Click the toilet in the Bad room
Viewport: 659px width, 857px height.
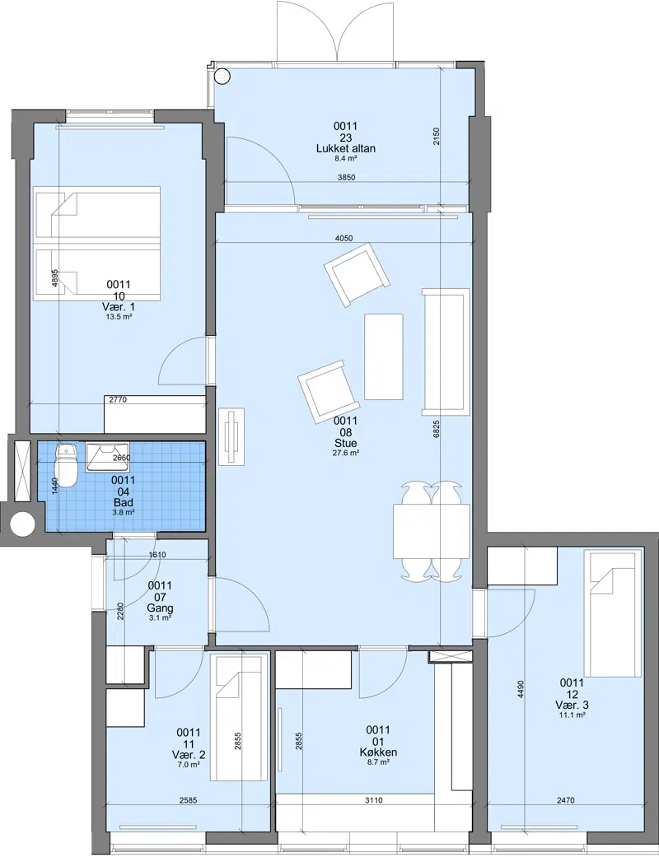click(x=67, y=465)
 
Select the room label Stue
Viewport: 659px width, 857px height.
click(x=346, y=443)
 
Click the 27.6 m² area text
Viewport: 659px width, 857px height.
click(x=346, y=453)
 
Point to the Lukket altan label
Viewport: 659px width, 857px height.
click(x=346, y=149)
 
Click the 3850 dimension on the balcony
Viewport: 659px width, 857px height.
click(x=346, y=178)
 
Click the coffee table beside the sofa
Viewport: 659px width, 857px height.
click(x=384, y=356)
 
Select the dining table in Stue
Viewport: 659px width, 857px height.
click(x=432, y=531)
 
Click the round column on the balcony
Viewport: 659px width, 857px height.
click(x=222, y=77)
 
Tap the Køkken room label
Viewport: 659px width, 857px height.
click(x=378, y=752)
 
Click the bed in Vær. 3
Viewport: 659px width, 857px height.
click(x=613, y=613)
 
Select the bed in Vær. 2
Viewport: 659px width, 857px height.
click(x=238, y=718)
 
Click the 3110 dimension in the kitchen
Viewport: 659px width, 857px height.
click(x=374, y=801)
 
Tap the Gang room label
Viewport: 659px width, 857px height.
click(x=160, y=608)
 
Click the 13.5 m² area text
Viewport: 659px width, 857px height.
click(x=119, y=316)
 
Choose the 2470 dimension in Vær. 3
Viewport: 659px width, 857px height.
click(x=565, y=801)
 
